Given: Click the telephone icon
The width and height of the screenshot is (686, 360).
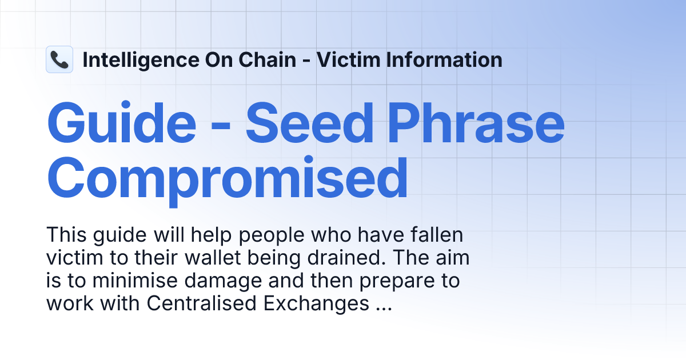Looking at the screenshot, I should (x=59, y=59).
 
